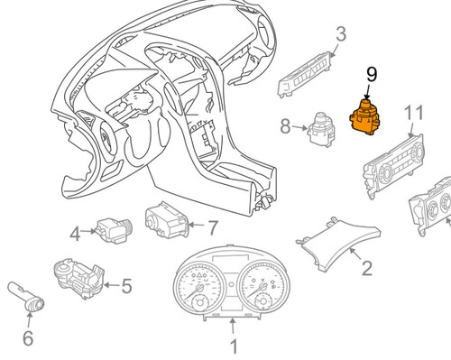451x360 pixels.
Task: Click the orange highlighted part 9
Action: point(364,118)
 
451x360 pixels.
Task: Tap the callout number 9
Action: point(372,75)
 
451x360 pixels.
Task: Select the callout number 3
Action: point(341,34)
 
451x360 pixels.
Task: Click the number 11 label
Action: point(414,113)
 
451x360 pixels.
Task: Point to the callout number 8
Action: point(286,126)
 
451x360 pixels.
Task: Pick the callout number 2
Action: point(367,268)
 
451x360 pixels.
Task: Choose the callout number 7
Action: point(213,227)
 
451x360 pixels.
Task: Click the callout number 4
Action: point(76,234)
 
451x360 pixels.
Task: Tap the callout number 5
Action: point(126,286)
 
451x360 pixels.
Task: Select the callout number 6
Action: point(28,338)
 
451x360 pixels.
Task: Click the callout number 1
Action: point(234,346)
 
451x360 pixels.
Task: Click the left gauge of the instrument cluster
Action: point(199,288)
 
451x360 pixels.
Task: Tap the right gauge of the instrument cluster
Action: point(263,288)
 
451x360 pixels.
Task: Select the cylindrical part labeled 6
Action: point(26,296)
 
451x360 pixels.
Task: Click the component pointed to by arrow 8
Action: point(322,128)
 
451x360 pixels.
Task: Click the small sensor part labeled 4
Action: point(113,230)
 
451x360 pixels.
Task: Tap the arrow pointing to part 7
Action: point(196,225)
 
